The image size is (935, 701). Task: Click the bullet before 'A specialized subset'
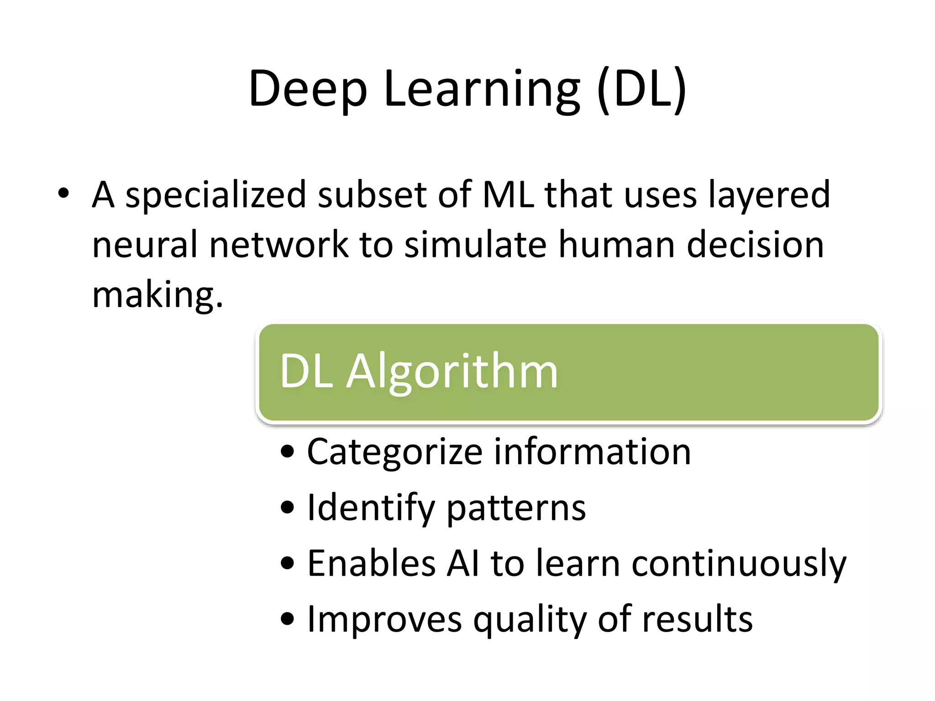(63, 194)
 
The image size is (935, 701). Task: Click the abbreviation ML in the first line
(508, 194)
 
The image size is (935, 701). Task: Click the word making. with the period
(158, 295)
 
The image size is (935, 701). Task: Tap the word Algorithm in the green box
(452, 372)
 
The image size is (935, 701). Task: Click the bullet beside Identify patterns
(288, 507)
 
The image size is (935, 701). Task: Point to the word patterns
(516, 509)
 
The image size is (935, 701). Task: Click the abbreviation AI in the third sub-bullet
(463, 563)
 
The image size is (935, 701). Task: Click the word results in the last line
(697, 619)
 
